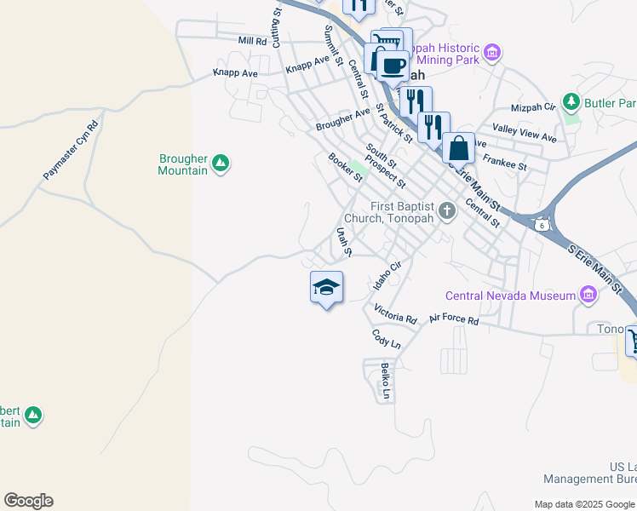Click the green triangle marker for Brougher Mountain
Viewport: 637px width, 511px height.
coord(221,163)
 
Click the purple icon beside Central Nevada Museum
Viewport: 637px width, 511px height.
coord(587,296)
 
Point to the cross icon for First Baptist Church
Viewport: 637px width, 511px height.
coord(446,208)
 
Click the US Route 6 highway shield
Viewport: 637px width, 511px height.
coord(541,224)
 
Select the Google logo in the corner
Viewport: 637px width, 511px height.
coord(28,501)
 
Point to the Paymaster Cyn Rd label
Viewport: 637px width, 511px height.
coord(72,150)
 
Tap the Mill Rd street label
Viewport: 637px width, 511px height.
coord(253,41)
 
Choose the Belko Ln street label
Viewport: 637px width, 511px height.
coord(385,381)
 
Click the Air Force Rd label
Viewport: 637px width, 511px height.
coord(454,320)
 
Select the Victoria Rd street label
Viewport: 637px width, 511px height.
coord(395,314)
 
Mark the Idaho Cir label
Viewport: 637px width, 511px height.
coord(387,274)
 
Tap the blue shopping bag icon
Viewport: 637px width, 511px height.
coord(458,147)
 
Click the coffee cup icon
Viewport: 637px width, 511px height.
coord(393,66)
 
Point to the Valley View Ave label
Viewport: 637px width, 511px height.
coord(525,132)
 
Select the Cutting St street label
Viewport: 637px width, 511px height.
coord(277,28)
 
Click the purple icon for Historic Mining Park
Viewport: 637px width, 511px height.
coord(491,54)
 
